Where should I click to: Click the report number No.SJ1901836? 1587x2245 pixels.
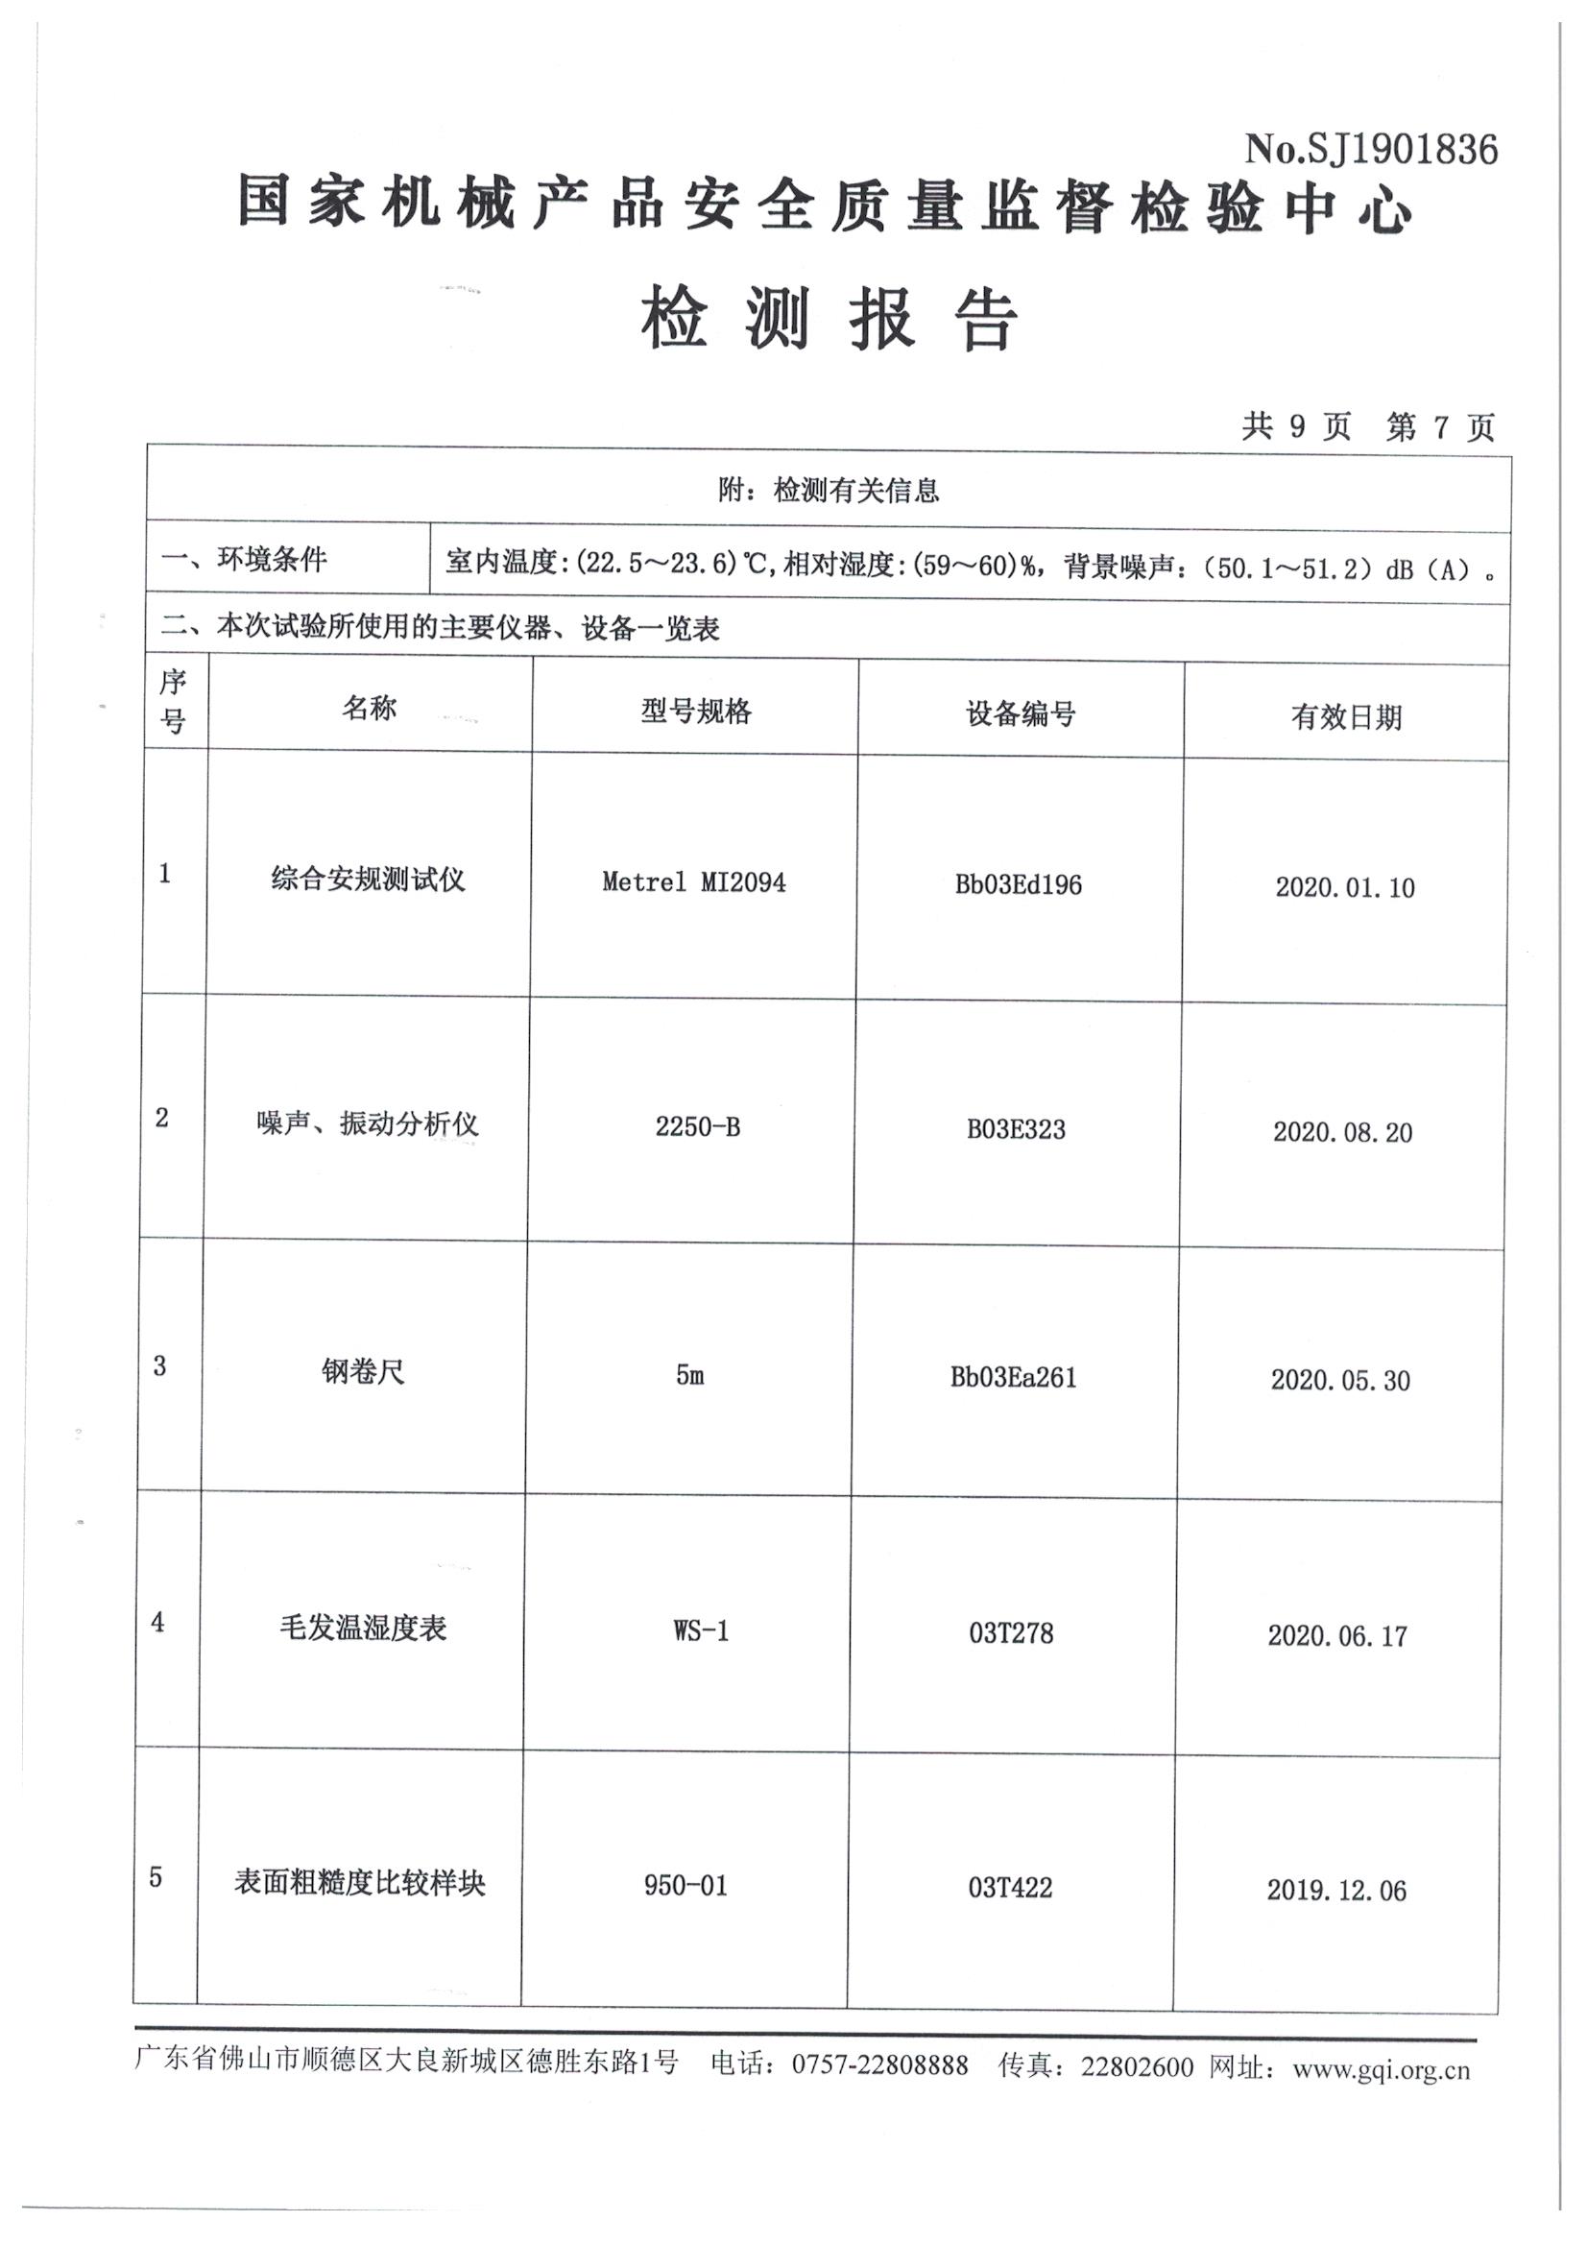(x=1370, y=150)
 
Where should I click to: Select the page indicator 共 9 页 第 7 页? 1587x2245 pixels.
(x=1368, y=426)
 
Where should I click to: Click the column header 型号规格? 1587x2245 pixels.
(x=696, y=711)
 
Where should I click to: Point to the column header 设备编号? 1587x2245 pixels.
(x=1020, y=713)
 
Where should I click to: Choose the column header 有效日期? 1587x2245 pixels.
(x=1345, y=716)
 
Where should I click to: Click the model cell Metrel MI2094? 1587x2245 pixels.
(x=693, y=881)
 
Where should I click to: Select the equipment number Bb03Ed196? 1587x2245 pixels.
(x=1018, y=885)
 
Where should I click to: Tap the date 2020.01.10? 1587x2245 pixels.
(x=1344, y=888)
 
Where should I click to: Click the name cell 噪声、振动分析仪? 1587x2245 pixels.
(x=368, y=1123)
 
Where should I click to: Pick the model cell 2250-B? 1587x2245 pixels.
(x=697, y=1127)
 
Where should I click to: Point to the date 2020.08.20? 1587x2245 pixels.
(x=1342, y=1132)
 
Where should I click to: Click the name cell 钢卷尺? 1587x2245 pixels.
(x=363, y=1371)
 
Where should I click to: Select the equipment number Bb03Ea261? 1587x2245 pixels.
(x=1013, y=1378)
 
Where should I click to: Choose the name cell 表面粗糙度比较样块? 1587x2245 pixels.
(x=360, y=1882)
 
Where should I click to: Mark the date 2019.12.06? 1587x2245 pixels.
(x=1336, y=1890)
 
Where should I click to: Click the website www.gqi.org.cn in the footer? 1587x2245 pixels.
(x=1381, y=2069)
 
